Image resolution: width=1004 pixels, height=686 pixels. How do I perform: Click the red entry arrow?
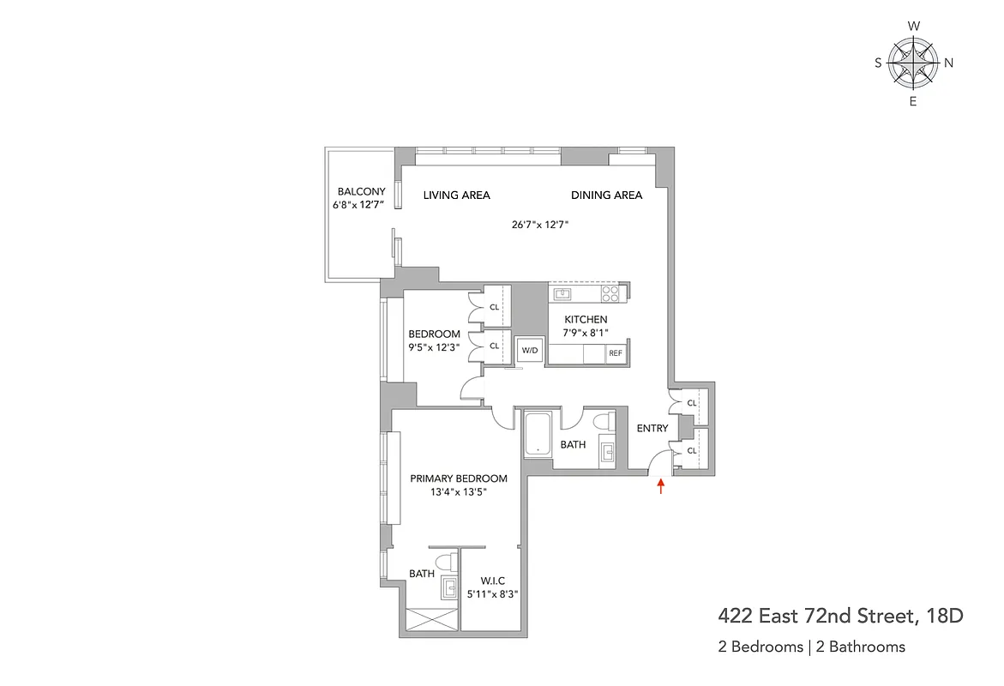pyautogui.click(x=661, y=487)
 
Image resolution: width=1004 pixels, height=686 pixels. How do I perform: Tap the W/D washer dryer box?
pyautogui.click(x=528, y=350)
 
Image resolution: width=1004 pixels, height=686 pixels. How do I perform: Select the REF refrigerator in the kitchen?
pyautogui.click(x=616, y=353)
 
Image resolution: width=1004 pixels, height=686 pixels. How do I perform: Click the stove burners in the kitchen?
pyautogui.click(x=610, y=293)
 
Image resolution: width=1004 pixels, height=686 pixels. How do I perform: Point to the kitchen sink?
pyautogui.click(x=562, y=294)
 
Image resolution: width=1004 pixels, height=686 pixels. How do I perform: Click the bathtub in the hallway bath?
pyautogui.click(x=537, y=435)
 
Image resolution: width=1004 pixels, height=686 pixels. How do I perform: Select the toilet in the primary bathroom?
pyautogui.click(x=445, y=563)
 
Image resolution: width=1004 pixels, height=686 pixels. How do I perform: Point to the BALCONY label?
pyautogui.click(x=361, y=191)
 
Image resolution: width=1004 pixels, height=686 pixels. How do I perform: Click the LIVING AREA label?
pyautogui.click(x=457, y=196)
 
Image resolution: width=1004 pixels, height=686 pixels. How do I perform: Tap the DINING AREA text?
pyautogui.click(x=607, y=196)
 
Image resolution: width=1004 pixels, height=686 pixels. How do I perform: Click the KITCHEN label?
pyautogui.click(x=586, y=320)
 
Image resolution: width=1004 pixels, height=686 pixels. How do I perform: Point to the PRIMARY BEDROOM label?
pyautogui.click(x=459, y=478)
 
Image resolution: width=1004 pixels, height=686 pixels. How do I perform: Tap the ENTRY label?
pyautogui.click(x=652, y=429)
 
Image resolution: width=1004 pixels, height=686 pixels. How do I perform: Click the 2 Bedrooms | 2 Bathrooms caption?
pyautogui.click(x=811, y=647)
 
